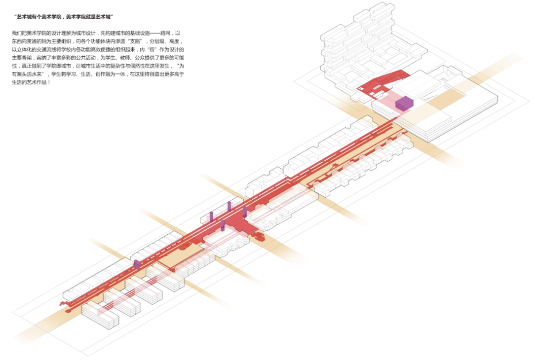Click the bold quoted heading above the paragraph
coord(65,17)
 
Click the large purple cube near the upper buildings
coord(404,104)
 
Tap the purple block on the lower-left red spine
coord(137,264)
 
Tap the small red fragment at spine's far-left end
coord(64,303)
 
